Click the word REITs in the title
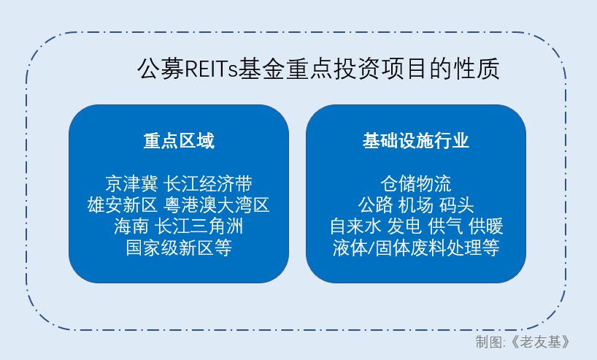(x=211, y=69)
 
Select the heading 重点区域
(x=179, y=141)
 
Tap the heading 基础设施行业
(x=416, y=141)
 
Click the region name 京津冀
(x=132, y=184)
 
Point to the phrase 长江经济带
(x=208, y=184)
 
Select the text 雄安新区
(x=122, y=205)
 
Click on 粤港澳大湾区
(x=217, y=205)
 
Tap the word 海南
(x=131, y=226)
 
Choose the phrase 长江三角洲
(x=199, y=226)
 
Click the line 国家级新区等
(x=179, y=248)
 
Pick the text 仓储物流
(x=416, y=184)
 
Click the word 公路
(x=375, y=205)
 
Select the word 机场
(x=416, y=205)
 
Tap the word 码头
(x=456, y=205)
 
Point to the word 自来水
(x=355, y=226)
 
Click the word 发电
(x=404, y=226)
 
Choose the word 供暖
(x=486, y=226)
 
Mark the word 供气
(x=445, y=226)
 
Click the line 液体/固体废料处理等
(x=416, y=248)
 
